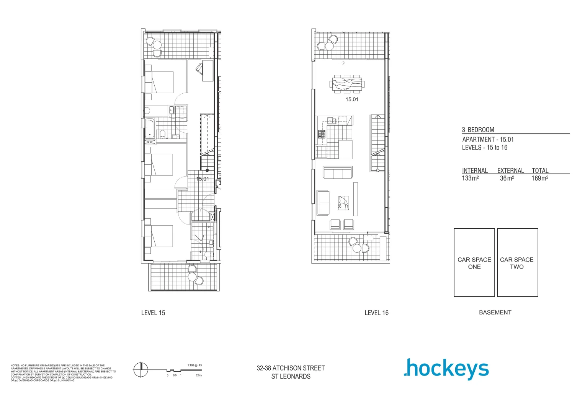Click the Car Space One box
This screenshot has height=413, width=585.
474,263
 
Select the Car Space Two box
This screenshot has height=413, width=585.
517,263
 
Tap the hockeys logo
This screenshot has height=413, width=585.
446,369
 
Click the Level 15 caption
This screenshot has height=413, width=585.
153,313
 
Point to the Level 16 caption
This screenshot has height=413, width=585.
376,313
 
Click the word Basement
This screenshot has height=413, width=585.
495,312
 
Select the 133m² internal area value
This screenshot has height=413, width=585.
471,178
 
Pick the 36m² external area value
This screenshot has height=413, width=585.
507,178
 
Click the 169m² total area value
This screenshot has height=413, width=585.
540,178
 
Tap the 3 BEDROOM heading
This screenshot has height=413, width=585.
478,130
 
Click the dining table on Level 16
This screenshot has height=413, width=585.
347,84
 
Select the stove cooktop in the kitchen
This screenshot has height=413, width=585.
321,134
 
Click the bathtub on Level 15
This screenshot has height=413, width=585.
149,128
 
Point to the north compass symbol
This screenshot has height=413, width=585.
141,369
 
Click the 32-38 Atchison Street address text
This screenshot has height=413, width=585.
291,368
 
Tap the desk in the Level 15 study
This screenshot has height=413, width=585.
208,70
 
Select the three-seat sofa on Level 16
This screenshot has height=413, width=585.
338,173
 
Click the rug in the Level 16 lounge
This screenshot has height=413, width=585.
343,203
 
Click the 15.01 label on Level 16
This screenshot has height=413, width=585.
352,99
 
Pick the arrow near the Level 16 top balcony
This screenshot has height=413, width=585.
341,63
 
